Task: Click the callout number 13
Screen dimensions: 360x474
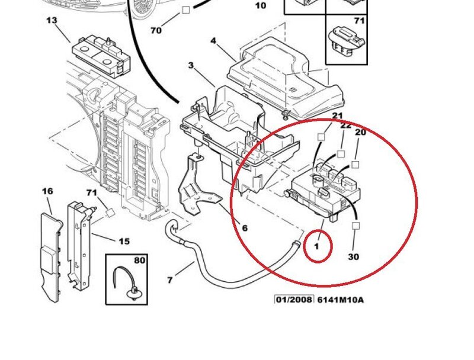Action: coord(52,21)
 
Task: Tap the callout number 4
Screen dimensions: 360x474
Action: coord(213,41)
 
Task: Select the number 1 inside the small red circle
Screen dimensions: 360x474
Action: coord(317,246)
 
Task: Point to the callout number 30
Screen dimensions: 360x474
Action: coord(354,257)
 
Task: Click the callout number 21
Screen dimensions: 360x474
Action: coord(337,116)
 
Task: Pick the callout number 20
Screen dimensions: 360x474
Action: coord(360,133)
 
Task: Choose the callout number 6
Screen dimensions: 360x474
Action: coord(245,228)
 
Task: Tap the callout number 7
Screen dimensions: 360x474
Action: coord(170,279)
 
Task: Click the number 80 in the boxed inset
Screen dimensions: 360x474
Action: coord(139,260)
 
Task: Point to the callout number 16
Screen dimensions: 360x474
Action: coord(47,191)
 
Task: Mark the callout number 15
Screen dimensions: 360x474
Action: coord(124,241)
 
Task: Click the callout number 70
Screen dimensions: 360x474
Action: coord(156,30)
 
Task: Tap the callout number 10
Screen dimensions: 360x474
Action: coord(261,6)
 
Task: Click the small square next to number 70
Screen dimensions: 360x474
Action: coord(186,9)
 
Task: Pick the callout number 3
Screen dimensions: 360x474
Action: coord(191,65)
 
